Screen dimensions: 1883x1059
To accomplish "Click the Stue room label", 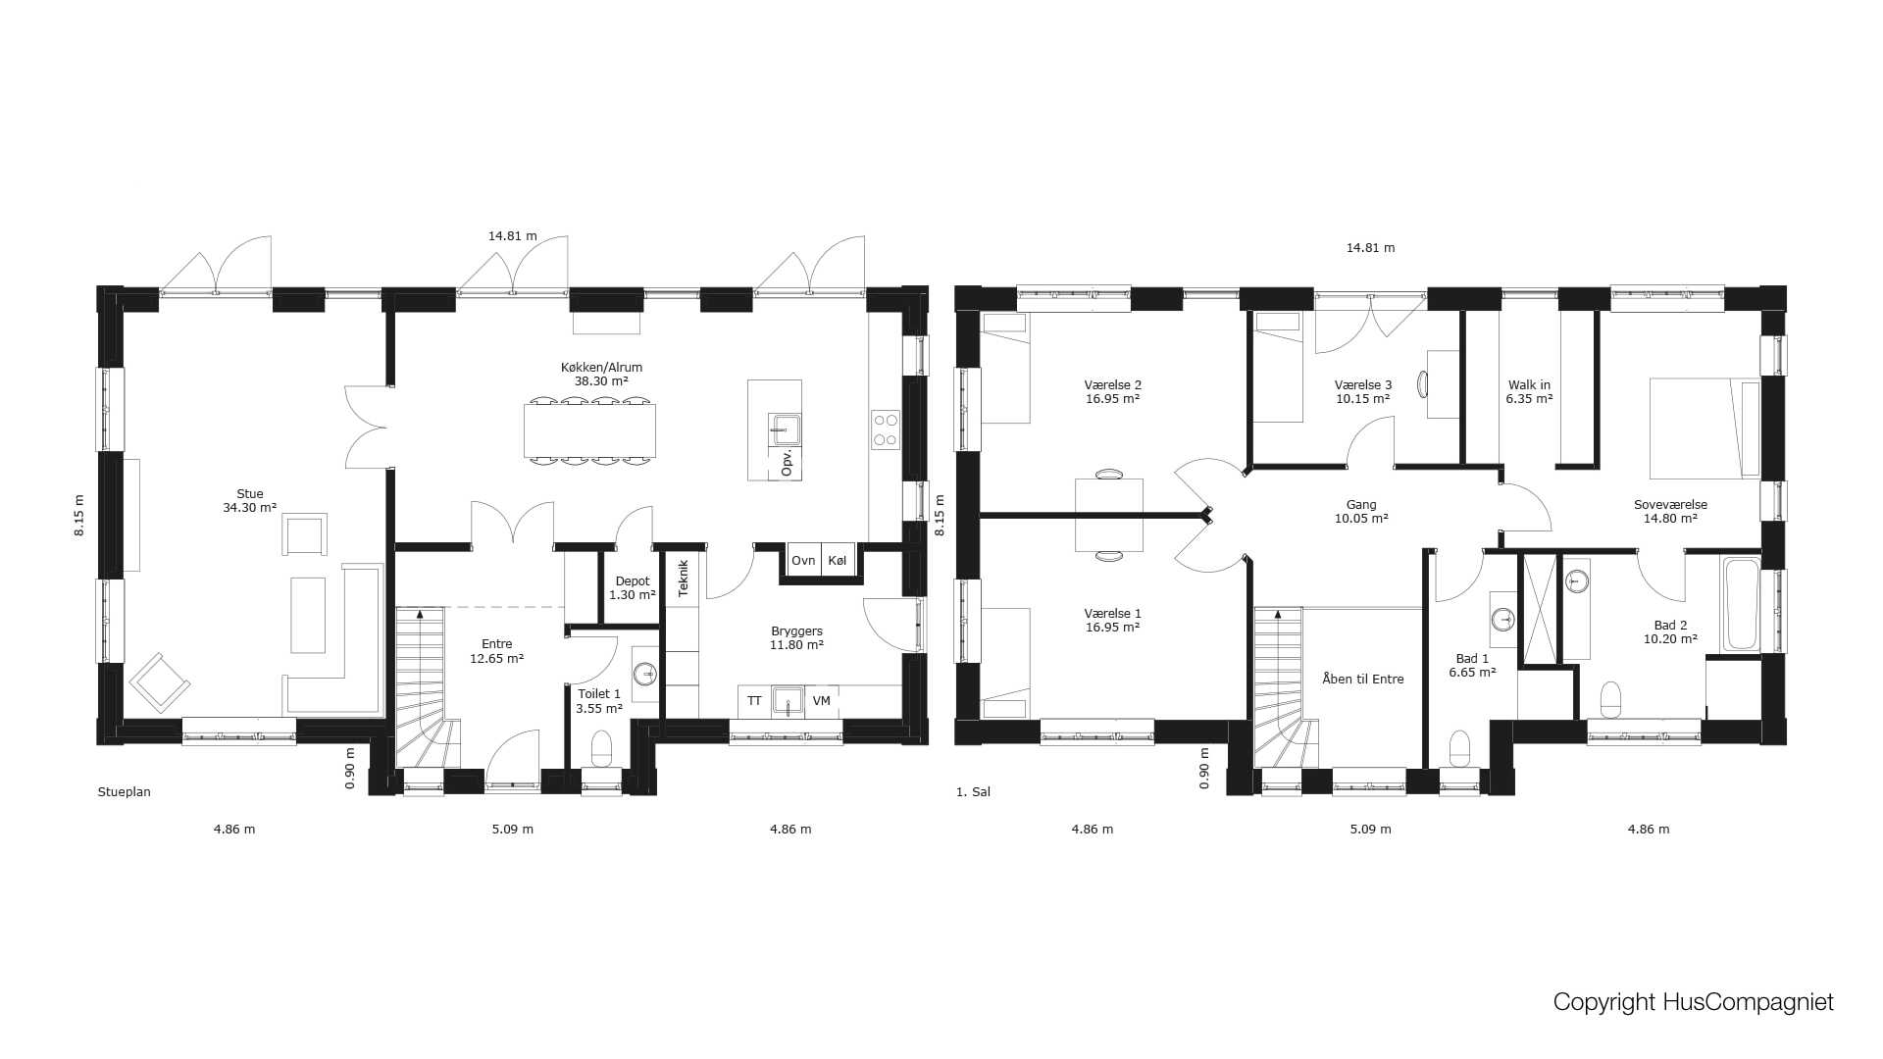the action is coord(250,501).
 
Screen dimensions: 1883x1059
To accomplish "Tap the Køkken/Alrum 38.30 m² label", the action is coord(601,375).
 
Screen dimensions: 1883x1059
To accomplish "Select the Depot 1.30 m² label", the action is coord(633,588).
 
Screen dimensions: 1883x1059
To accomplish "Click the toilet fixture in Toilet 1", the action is coord(601,748).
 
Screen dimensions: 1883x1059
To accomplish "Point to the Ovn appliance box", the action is coord(803,561).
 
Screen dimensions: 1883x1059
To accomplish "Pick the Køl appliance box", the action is coord(838,561).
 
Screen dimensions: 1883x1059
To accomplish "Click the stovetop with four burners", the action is coord(886,429).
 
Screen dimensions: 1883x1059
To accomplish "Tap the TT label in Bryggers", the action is coord(754,701).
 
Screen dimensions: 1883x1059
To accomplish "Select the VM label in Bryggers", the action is coord(822,701).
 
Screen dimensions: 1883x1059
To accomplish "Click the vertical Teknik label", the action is coord(684,579).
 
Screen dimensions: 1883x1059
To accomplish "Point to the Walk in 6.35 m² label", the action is coord(1530,392).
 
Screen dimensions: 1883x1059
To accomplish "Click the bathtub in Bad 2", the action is coord(1742,605).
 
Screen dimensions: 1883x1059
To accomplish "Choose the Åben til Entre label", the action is coord(1363,679).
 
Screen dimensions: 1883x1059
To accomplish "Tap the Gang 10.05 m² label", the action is coord(1361,512).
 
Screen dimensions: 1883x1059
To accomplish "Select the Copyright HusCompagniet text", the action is coord(1694,1002).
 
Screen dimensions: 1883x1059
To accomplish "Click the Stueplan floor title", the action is coord(125,792).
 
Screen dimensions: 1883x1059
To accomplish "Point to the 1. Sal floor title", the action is coord(973,792).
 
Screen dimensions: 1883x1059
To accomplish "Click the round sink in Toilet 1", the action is coord(645,674).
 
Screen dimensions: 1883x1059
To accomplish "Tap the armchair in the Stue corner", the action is coord(160,681).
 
